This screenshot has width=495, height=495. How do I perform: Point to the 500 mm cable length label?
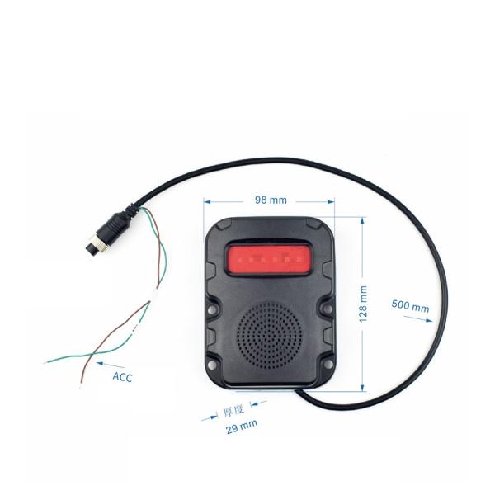pyautogui.click(x=410, y=306)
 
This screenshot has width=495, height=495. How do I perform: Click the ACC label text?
pyautogui.click(x=122, y=377)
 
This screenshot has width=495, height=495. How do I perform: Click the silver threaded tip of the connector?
pyautogui.click(x=91, y=244)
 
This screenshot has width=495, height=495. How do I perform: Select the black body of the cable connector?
pyautogui.click(x=113, y=225)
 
